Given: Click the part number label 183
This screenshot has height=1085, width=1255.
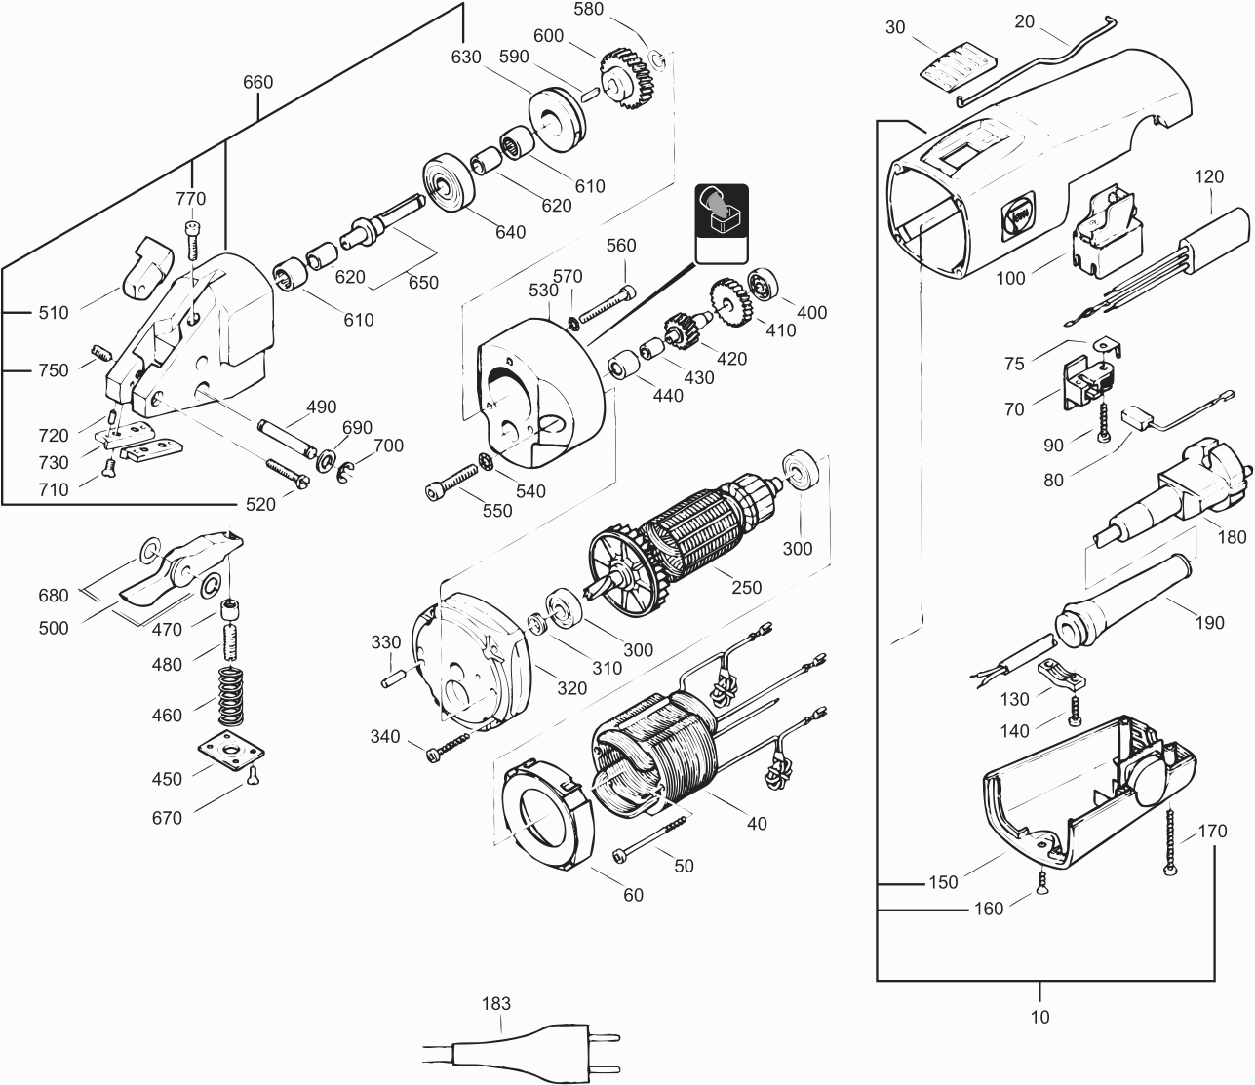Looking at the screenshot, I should click(x=496, y=1003).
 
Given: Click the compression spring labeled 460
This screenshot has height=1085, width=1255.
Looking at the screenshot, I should click(x=230, y=696).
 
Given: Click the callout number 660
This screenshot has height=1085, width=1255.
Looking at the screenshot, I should click(x=257, y=82).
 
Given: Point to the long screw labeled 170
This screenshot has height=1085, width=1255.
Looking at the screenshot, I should click(x=1170, y=838).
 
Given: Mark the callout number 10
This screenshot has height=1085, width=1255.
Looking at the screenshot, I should click(x=1039, y=1017).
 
